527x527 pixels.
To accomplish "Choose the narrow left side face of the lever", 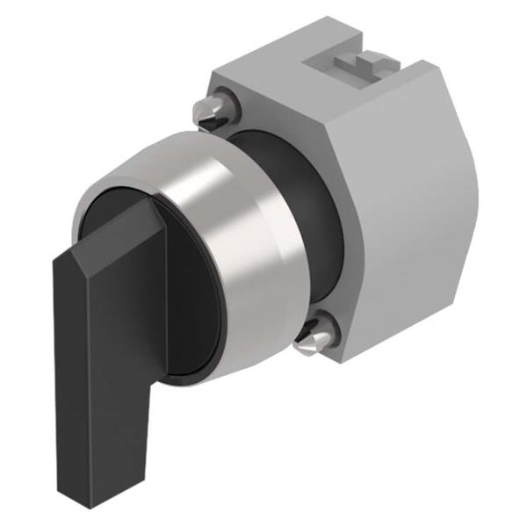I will pyautogui.click(x=69, y=369).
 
